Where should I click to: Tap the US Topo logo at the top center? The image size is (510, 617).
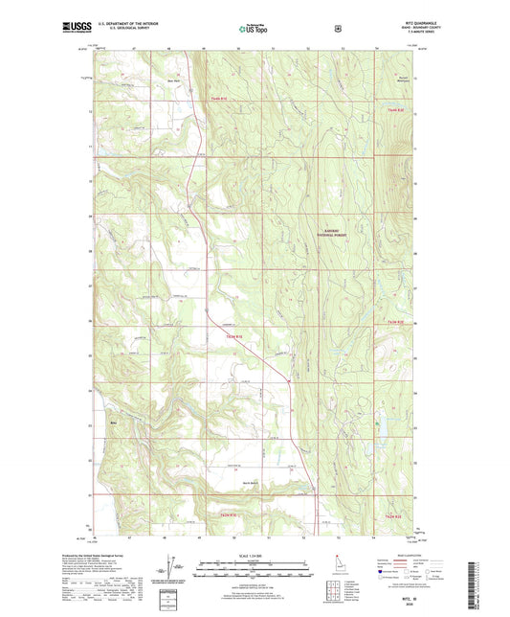[x=254, y=29]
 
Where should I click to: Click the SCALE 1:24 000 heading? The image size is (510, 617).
[x=254, y=554]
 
